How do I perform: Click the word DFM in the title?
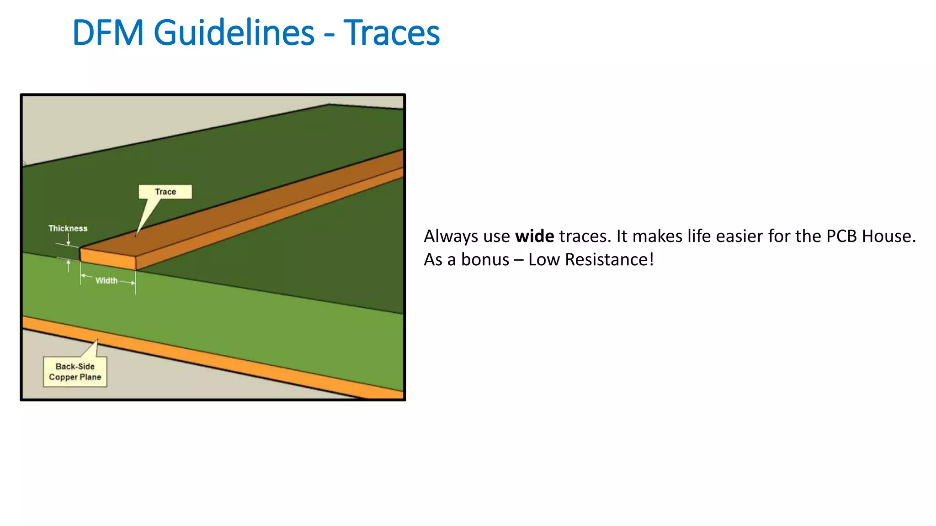pyautogui.click(x=108, y=33)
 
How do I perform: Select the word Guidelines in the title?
pyautogui.click(x=234, y=33)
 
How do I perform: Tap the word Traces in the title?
pyautogui.click(x=391, y=33)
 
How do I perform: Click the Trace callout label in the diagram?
pyautogui.click(x=165, y=192)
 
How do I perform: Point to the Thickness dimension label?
pyautogui.click(x=68, y=228)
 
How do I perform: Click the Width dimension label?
pyautogui.click(x=106, y=281)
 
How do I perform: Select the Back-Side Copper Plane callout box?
pyautogui.click(x=75, y=372)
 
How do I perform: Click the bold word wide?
pyautogui.click(x=534, y=237)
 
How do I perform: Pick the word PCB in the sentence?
pyautogui.click(x=842, y=237)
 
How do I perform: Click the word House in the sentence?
pyautogui.click(x=888, y=237)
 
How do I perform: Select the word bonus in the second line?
pyautogui.click(x=485, y=260)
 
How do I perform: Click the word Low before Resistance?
pyautogui.click(x=544, y=260)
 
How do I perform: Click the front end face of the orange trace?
pyautogui.click(x=108, y=259)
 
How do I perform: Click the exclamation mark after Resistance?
pyautogui.click(x=651, y=260)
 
